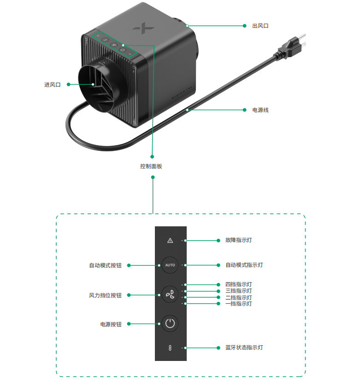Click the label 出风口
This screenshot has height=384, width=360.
260,26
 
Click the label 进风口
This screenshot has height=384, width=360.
52,84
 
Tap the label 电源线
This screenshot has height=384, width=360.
260,110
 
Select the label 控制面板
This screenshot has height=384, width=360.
151,166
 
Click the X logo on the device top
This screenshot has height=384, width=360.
142,29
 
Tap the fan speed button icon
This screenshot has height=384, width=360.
170,294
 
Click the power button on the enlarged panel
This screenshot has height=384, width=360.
170,323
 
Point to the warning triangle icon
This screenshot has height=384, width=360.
170,240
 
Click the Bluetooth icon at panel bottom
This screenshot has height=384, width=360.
170,348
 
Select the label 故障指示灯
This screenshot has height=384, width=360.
238,240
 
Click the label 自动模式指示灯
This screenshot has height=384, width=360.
244,265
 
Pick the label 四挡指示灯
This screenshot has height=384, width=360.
238,284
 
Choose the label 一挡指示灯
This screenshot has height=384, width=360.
238,304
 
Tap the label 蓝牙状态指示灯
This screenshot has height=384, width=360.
244,348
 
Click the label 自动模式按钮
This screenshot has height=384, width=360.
105,266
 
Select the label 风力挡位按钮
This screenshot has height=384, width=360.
105,295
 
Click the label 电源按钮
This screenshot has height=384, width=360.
111,324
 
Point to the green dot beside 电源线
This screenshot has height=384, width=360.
244,110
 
